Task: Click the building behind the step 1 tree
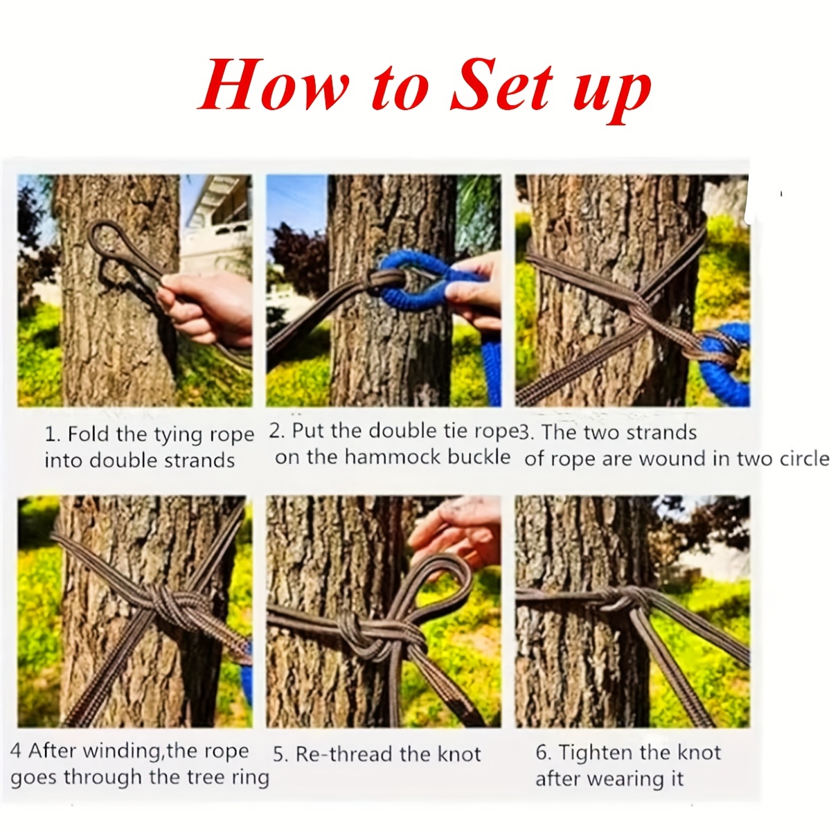click(x=218, y=215)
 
